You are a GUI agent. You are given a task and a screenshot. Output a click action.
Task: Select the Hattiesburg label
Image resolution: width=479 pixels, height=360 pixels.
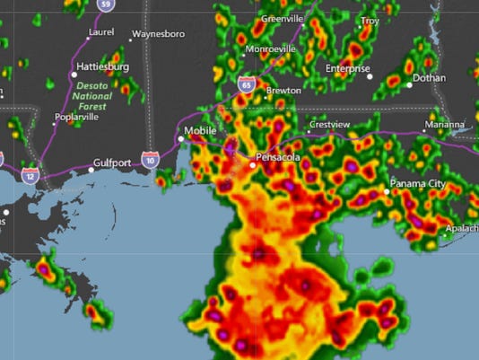click(x=104, y=67)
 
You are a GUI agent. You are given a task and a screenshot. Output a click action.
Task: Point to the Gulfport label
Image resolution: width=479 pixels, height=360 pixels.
click(x=112, y=163)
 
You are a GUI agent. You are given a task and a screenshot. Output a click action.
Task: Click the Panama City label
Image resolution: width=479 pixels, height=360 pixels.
click(x=417, y=184)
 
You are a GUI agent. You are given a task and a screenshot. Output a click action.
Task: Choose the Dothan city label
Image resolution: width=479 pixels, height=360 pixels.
click(x=430, y=78)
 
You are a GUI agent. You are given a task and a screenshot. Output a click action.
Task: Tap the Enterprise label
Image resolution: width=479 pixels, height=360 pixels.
click(x=347, y=68)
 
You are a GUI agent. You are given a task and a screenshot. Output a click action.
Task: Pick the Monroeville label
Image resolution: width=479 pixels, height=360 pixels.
click(x=271, y=48)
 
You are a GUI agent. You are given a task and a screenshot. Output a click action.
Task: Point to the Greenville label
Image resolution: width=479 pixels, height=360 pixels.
click(x=283, y=19)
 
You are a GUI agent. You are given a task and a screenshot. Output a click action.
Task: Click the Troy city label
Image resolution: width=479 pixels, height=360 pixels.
click(x=370, y=20)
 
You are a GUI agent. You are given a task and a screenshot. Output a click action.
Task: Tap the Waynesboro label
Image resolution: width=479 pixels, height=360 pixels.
click(x=158, y=35)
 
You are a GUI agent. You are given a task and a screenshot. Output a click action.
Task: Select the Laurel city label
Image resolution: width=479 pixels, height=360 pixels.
click(x=101, y=32)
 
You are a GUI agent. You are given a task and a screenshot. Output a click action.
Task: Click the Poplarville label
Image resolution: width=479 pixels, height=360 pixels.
click(x=75, y=117)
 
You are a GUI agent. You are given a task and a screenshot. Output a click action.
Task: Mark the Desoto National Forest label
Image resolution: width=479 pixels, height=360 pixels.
click(x=91, y=96)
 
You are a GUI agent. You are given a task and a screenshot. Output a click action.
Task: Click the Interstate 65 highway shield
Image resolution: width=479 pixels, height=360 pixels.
click(x=246, y=83)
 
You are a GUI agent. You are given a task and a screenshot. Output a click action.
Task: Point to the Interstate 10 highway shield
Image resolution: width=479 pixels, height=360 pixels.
click(x=149, y=160)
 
